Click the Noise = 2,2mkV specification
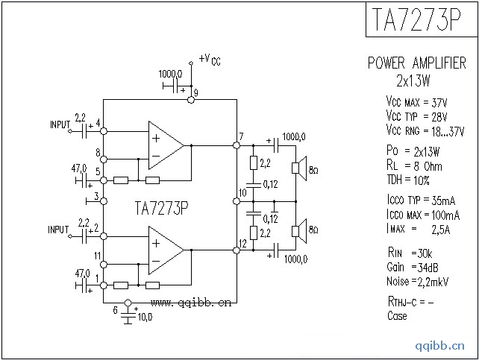coord(419,282)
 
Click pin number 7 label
coord(241,136)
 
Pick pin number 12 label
coord(242,243)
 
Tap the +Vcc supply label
coord(210,59)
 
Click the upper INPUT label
coord(60,124)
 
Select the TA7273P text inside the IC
coord(161,207)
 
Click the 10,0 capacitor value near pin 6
coord(145,318)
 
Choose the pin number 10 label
coord(242,193)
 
